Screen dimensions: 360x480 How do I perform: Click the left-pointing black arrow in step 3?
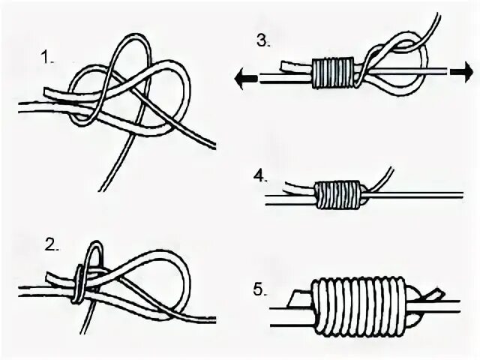click(x=241, y=75)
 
